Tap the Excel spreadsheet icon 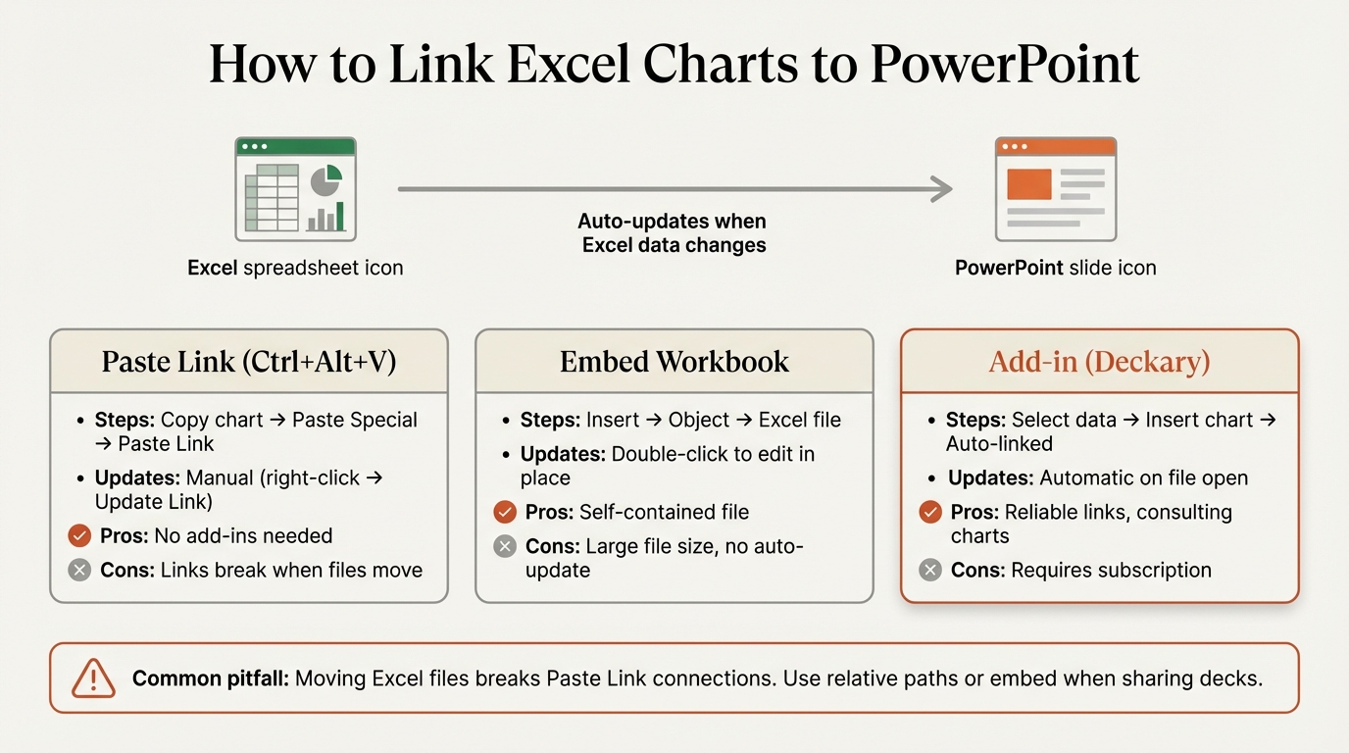click(295, 189)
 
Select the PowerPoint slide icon click(1055, 189)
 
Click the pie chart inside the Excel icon click(325, 180)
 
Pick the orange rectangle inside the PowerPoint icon click(1029, 183)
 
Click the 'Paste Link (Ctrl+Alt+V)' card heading click(249, 362)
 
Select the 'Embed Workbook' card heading click(674, 362)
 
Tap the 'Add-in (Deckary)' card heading click(1099, 362)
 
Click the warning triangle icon click(94, 678)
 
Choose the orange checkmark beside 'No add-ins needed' click(79, 536)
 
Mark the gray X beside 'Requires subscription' click(930, 570)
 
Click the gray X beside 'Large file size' click(505, 546)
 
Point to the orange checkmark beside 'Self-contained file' click(505, 512)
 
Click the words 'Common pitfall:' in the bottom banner click(210, 678)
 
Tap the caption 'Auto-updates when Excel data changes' click(674, 233)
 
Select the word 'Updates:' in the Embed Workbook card click(563, 454)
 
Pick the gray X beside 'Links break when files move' click(79, 570)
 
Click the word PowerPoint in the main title click(1004, 65)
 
